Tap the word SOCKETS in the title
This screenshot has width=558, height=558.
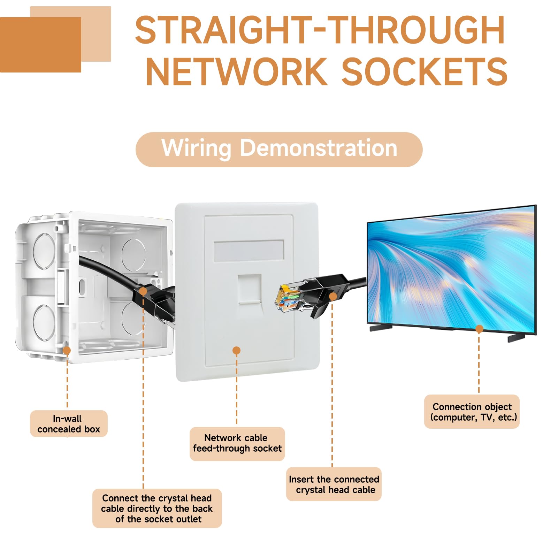point(425,71)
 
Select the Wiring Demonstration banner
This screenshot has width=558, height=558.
point(279,150)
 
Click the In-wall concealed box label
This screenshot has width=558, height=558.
point(69,423)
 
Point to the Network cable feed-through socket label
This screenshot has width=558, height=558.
point(237,443)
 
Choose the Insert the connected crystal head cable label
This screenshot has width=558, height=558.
point(334,484)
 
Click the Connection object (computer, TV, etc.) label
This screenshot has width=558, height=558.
point(472,412)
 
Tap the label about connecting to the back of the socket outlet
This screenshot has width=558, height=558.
point(157,508)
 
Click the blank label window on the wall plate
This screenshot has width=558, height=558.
point(249,251)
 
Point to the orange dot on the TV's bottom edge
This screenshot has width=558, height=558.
point(479,329)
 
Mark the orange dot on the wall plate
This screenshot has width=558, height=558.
point(236,350)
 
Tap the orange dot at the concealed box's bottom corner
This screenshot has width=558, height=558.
point(67,350)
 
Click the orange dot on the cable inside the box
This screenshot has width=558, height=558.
point(143,291)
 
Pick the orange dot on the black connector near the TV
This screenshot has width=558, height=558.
point(333,297)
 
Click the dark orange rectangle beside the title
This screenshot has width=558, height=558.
point(40,45)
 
